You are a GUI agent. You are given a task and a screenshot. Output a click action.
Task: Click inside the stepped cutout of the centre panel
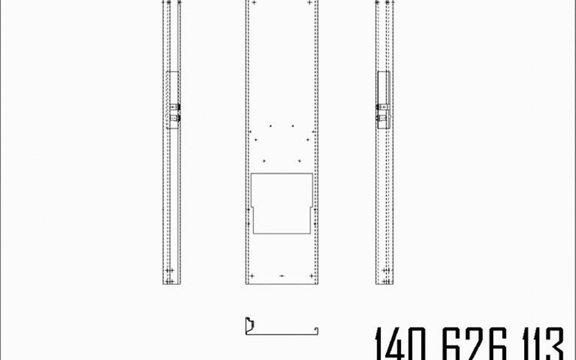click(282, 203)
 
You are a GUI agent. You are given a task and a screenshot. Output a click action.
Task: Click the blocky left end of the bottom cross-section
click(249, 325)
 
